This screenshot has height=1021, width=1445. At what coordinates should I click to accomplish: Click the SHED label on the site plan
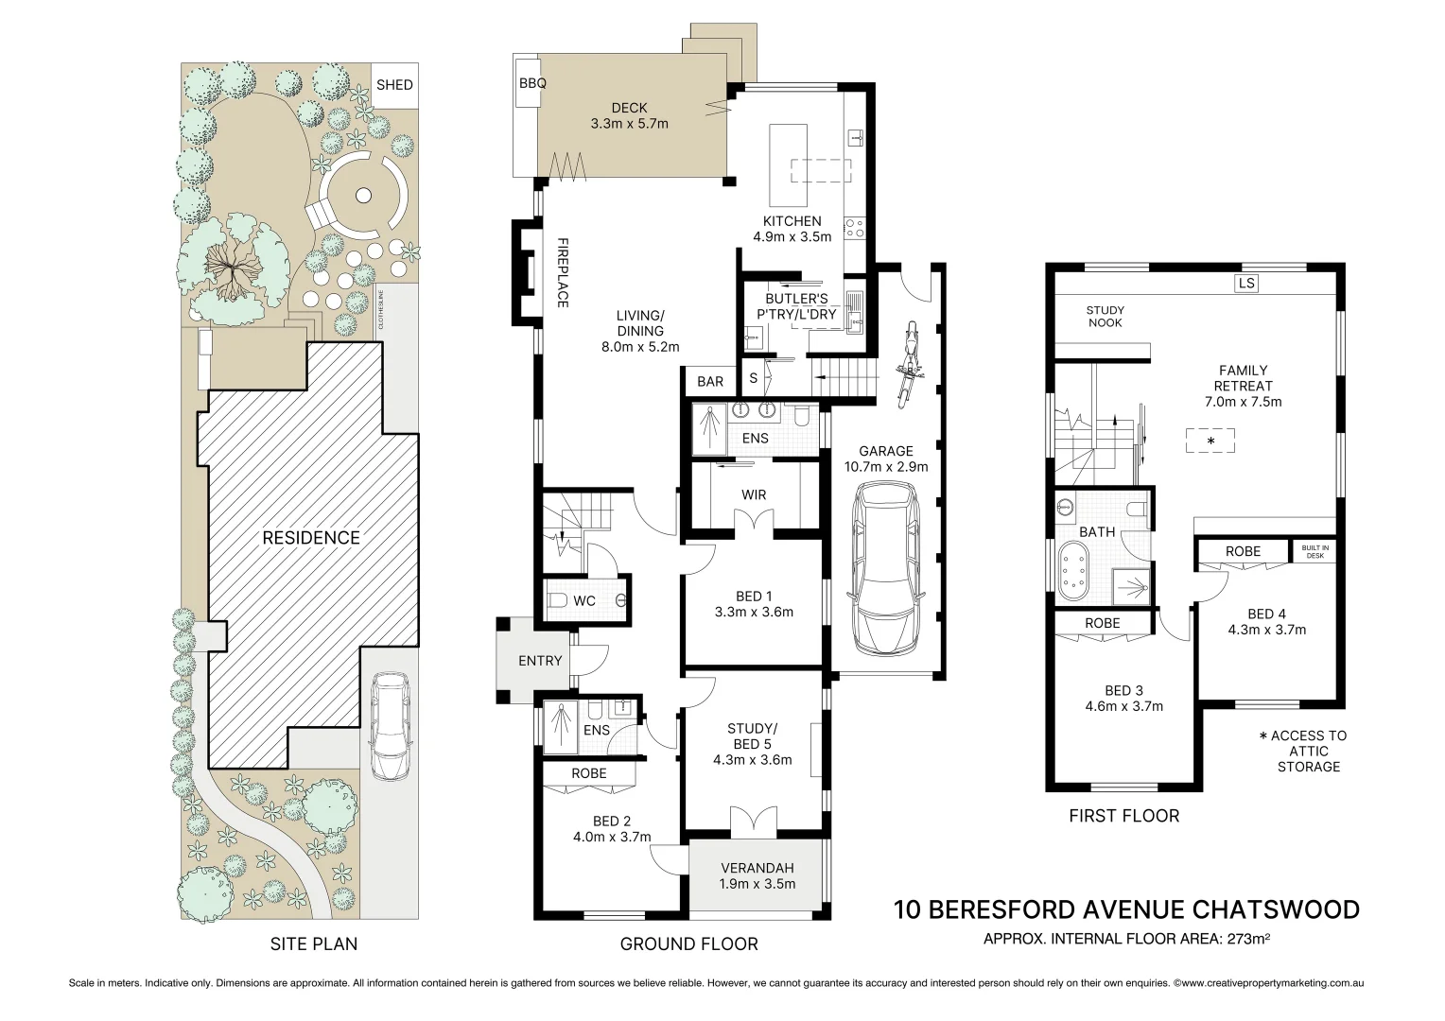coord(394,84)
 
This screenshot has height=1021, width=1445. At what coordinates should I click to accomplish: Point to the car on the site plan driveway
coord(391,727)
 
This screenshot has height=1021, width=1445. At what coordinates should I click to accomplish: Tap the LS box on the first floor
coord(1246,284)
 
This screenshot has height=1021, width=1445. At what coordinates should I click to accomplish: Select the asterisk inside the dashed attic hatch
coord(1210,441)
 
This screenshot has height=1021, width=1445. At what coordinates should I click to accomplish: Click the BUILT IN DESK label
coord(1314,551)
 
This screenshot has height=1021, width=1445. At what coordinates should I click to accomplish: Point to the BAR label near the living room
coord(710,382)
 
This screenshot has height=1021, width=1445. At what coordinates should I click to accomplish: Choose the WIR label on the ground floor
coord(754,494)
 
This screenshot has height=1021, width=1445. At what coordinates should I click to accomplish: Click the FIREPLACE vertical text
coord(563,272)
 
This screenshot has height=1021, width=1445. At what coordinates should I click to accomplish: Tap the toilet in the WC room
coord(557,600)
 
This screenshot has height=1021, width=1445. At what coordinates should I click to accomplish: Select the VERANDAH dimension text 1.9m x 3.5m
coord(757,884)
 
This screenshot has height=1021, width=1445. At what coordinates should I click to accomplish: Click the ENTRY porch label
coord(540,661)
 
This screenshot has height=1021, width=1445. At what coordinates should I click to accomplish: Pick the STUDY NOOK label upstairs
coord(1106,316)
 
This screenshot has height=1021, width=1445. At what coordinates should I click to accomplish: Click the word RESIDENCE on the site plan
coord(311,538)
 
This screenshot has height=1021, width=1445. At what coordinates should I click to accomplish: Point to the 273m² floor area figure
coord(1248,939)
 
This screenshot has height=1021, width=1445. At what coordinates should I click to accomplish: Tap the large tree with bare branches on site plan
coord(231,268)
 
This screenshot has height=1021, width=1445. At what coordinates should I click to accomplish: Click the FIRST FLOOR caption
coord(1123,816)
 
